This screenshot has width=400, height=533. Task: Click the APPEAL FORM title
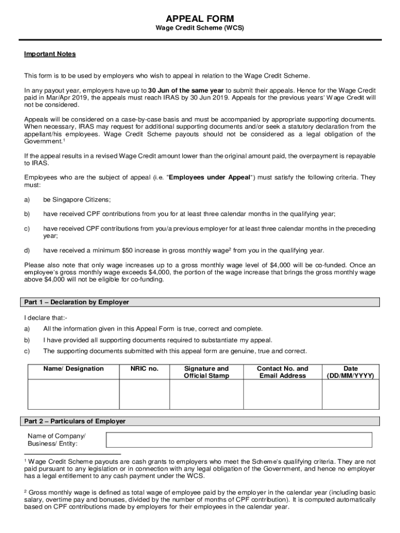(x=200, y=19)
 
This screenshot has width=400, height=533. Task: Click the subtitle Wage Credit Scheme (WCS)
(x=200, y=28)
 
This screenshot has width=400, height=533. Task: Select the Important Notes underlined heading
(x=50, y=54)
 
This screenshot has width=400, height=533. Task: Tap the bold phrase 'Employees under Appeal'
(x=209, y=177)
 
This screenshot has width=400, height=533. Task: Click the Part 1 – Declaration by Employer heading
(x=77, y=302)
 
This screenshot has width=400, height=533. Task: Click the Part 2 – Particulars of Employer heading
(x=75, y=421)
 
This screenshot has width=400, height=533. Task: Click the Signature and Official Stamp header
(x=206, y=372)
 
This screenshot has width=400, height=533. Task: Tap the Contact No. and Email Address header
(x=282, y=372)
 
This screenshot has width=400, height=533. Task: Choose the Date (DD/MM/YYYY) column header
(x=350, y=372)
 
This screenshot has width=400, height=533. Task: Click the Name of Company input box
(x=239, y=440)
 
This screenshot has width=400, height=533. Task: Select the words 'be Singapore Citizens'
(x=77, y=199)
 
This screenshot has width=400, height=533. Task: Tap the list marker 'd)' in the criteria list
(x=28, y=250)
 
